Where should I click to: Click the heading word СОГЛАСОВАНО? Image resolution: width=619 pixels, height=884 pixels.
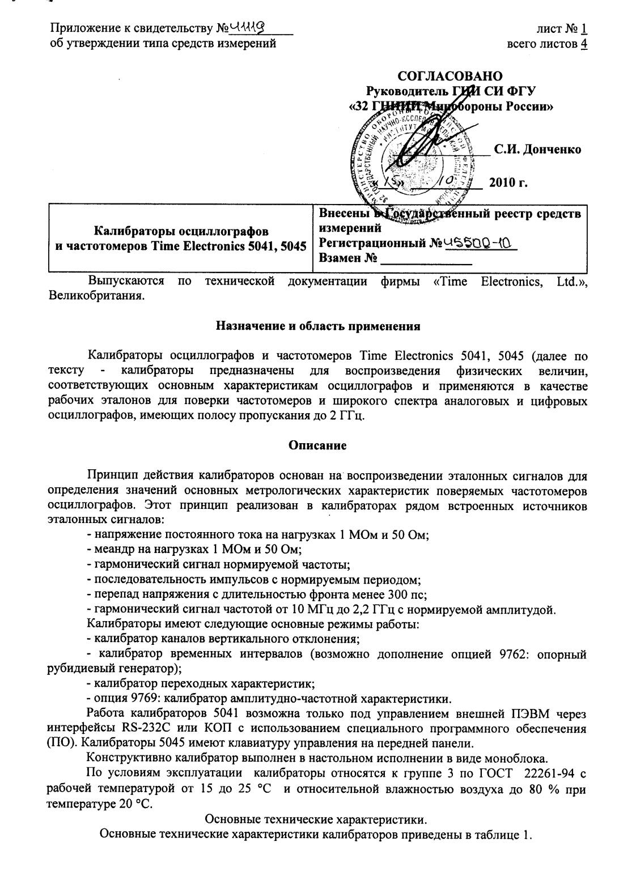click(450, 76)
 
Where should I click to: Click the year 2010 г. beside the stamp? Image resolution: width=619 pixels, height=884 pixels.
click(508, 182)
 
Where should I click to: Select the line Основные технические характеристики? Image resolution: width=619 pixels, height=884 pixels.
click(317, 819)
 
